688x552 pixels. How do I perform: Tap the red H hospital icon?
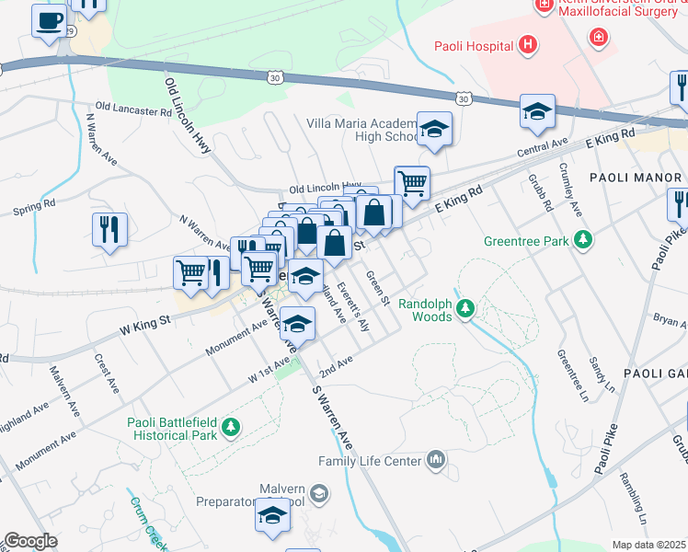tap(527, 43)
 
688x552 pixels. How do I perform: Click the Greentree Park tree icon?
tap(582, 241)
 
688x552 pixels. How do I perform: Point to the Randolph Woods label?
tap(427, 308)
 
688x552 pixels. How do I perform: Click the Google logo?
tap(30, 541)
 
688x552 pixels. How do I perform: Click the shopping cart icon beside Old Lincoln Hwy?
tap(413, 182)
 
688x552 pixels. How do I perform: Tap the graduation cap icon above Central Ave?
tap(537, 111)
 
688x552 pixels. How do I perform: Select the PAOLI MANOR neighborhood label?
tap(636, 178)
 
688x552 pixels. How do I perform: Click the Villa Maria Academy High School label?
tap(361, 128)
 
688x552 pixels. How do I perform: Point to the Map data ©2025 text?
tap(648, 545)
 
